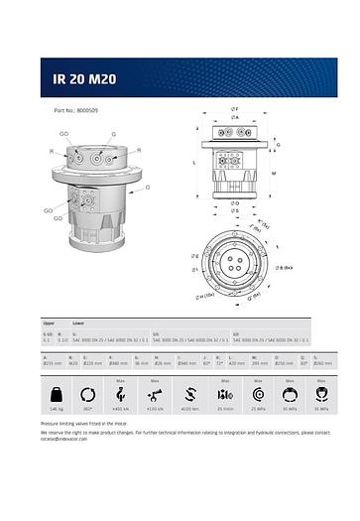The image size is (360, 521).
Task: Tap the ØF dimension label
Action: click(x=234, y=108)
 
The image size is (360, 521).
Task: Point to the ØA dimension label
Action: click(x=234, y=117)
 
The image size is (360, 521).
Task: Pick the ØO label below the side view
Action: click(x=235, y=203)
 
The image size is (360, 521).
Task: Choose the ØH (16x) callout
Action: click(x=205, y=296)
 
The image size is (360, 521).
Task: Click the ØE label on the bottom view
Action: click(x=194, y=256)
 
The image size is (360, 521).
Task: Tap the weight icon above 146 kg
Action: click(x=57, y=390)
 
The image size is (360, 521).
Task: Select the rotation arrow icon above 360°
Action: click(x=88, y=390)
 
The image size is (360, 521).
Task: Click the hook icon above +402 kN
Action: click(x=121, y=390)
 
